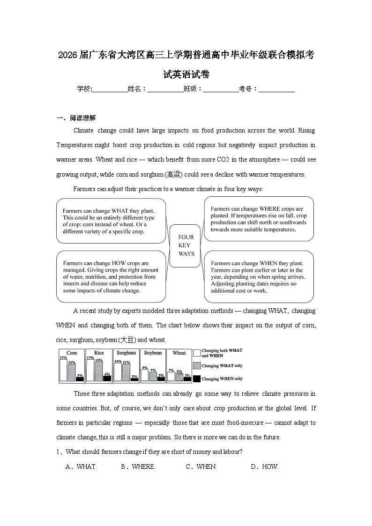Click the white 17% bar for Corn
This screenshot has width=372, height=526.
click(x=63, y=370)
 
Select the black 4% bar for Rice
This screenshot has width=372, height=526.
click(x=107, y=378)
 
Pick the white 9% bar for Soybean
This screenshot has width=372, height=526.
click(x=145, y=375)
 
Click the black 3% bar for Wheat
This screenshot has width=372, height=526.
click(x=187, y=378)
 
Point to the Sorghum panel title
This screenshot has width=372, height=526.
click(x=126, y=353)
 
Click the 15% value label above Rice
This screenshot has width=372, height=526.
click(x=99, y=360)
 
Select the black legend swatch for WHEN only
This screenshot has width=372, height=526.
click(x=197, y=378)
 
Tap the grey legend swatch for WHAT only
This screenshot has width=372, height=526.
click(x=197, y=366)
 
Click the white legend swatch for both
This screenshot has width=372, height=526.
click(x=197, y=353)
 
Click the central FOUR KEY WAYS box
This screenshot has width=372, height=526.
click(x=186, y=246)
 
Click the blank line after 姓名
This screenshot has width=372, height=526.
click(x=165, y=89)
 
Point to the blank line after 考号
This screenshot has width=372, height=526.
click(x=276, y=89)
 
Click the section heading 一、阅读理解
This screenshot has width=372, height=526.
click(x=76, y=118)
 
